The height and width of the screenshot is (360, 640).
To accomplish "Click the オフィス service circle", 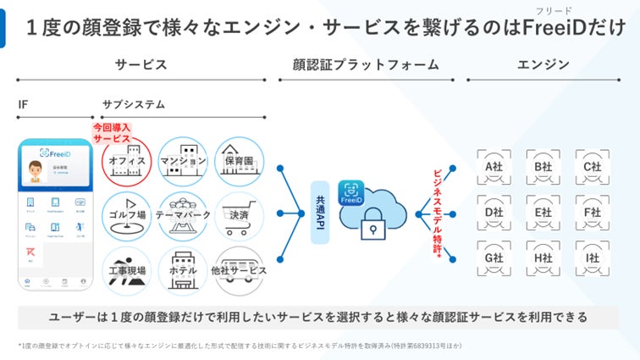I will click(127, 161).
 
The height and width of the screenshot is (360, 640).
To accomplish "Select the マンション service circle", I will click(183, 161).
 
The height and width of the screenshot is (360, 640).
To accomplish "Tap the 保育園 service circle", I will click(240, 161).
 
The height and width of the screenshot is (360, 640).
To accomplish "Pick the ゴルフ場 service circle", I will click(127, 216).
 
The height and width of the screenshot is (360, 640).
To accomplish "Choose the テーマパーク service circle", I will click(183, 216).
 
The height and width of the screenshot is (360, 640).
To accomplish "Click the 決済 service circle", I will click(240, 216).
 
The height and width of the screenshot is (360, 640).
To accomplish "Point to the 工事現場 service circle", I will click(127, 270).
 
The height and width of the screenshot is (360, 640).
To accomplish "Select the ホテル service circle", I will click(183, 270).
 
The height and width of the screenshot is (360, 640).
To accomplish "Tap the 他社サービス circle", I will click(240, 270).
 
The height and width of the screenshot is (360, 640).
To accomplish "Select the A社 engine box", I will click(494, 167).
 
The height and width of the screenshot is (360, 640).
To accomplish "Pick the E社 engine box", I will click(543, 212).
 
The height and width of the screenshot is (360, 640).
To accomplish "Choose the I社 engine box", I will click(592, 257).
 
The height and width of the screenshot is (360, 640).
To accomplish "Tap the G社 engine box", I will click(494, 257).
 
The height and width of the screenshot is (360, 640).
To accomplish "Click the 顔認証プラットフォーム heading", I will click(366, 64).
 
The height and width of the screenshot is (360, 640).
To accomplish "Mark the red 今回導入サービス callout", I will click(112, 133).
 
